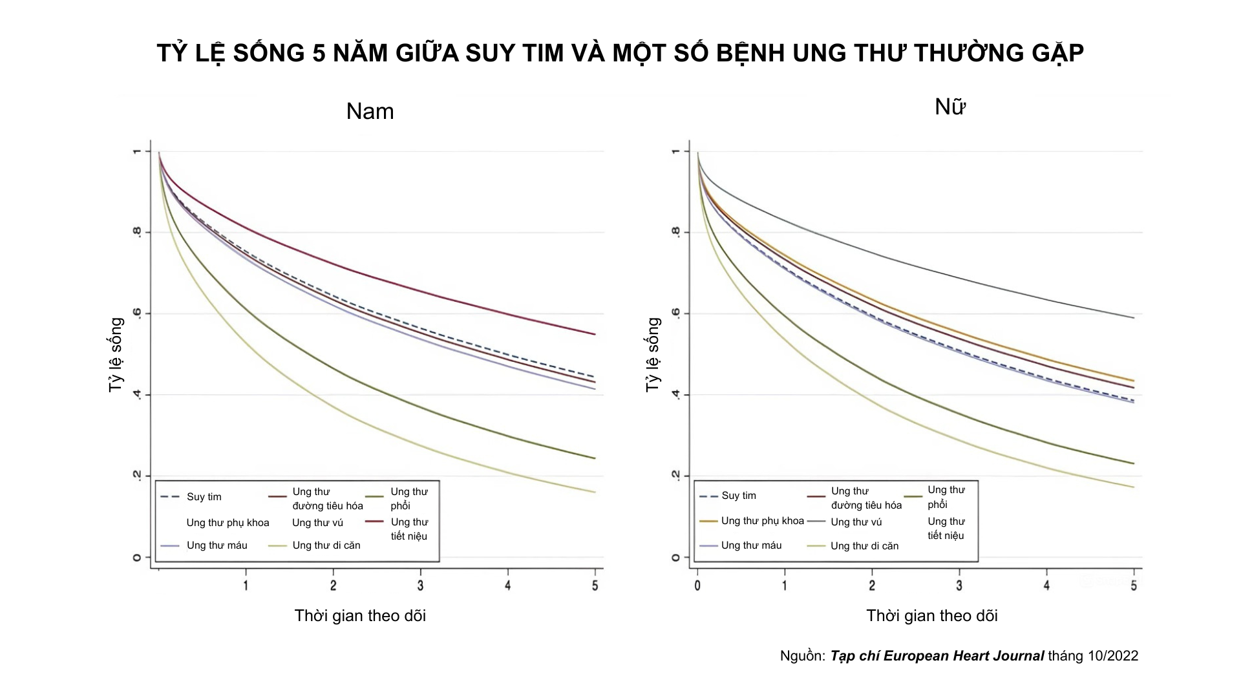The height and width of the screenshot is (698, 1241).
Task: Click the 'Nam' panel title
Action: (x=370, y=111)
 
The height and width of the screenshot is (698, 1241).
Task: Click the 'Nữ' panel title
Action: (x=949, y=107)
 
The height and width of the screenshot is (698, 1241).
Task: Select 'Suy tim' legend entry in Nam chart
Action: (x=204, y=497)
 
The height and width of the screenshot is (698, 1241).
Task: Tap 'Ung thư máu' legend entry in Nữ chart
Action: (x=751, y=545)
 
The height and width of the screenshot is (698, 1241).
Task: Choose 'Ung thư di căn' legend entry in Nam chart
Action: (x=326, y=545)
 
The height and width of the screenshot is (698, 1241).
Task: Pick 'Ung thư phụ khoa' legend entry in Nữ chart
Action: (x=762, y=521)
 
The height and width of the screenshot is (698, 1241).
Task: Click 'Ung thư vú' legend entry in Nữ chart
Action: (x=856, y=522)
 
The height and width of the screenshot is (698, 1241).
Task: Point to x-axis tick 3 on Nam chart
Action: (x=421, y=586)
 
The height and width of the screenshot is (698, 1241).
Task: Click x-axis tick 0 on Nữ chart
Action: (x=697, y=586)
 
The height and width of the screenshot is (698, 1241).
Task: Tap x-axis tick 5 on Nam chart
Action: (x=595, y=586)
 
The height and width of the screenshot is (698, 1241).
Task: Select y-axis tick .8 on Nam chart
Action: (x=137, y=232)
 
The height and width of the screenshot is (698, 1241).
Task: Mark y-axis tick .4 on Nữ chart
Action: (x=676, y=394)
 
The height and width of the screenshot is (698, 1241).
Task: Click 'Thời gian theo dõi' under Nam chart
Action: (x=360, y=616)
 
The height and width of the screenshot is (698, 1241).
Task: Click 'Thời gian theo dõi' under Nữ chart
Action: (x=931, y=616)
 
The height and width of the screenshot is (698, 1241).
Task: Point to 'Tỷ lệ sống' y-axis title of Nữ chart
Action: (x=653, y=354)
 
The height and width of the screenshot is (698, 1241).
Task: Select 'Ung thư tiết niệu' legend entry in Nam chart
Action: (x=408, y=529)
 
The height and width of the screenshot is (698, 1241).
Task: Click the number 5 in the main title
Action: (x=319, y=53)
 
